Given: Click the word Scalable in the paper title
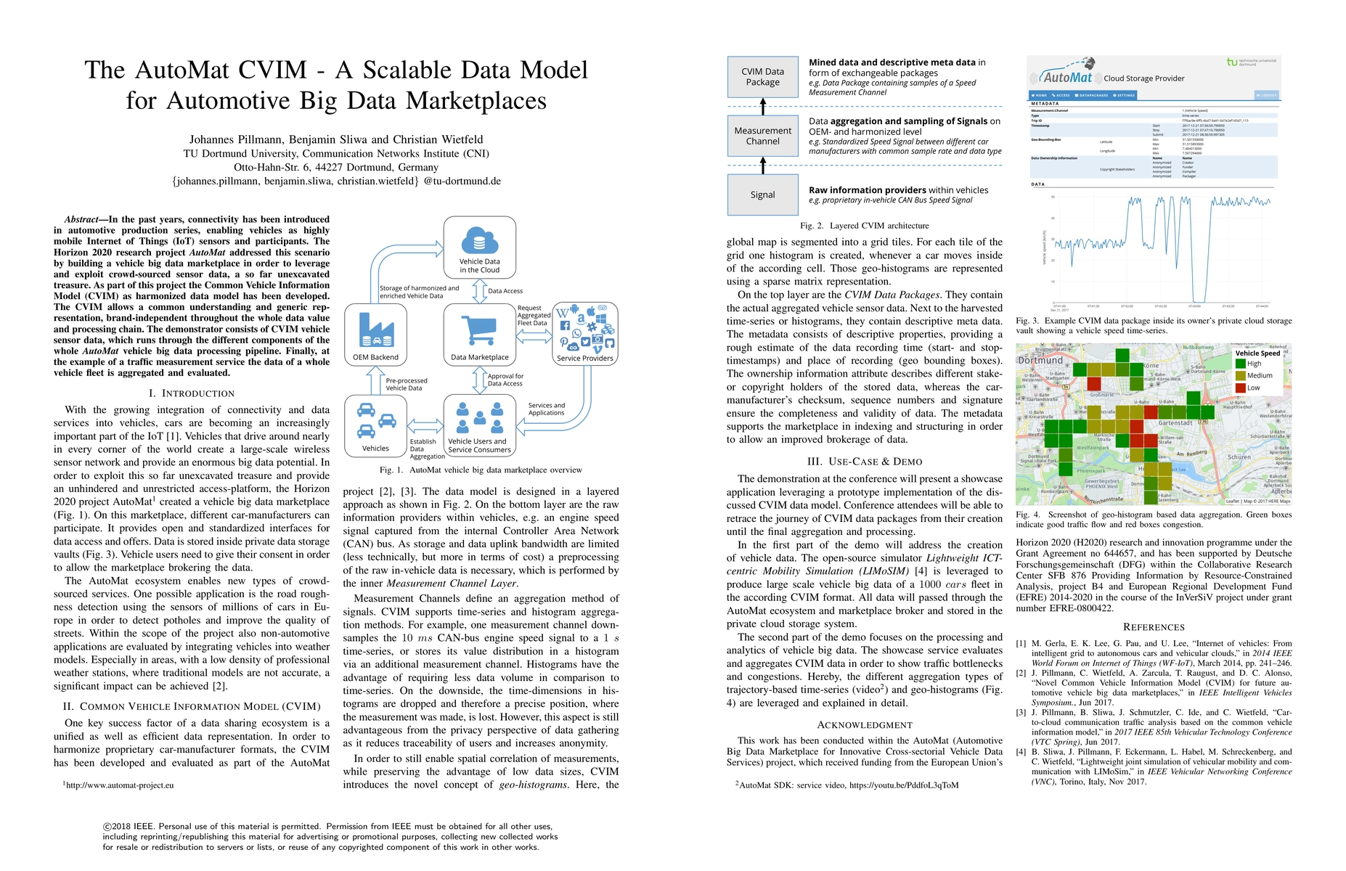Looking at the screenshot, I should click(x=416, y=70).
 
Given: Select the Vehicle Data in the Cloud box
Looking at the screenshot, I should click(x=479, y=248).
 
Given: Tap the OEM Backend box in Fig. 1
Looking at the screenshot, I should click(x=375, y=335).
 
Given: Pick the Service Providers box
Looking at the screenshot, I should click(x=584, y=333).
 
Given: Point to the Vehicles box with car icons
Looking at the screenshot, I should click(x=375, y=426).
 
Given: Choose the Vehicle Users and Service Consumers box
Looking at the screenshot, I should click(x=479, y=426).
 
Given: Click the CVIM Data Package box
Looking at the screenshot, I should click(x=762, y=77).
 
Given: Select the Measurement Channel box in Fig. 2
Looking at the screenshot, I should click(x=762, y=136).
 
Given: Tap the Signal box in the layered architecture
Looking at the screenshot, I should click(x=762, y=195).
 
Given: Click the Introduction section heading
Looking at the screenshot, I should click(x=191, y=393).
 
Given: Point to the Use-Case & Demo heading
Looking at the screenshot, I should click(x=864, y=462).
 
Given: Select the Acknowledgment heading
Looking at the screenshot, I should click(x=864, y=724).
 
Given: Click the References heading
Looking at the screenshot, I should click(x=1153, y=627).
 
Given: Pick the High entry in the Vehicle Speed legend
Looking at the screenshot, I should click(x=1254, y=364).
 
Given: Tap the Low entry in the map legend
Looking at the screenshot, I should click(x=1253, y=388).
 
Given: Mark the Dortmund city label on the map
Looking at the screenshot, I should click(x=1040, y=360).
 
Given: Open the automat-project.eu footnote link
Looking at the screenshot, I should click(x=120, y=785).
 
